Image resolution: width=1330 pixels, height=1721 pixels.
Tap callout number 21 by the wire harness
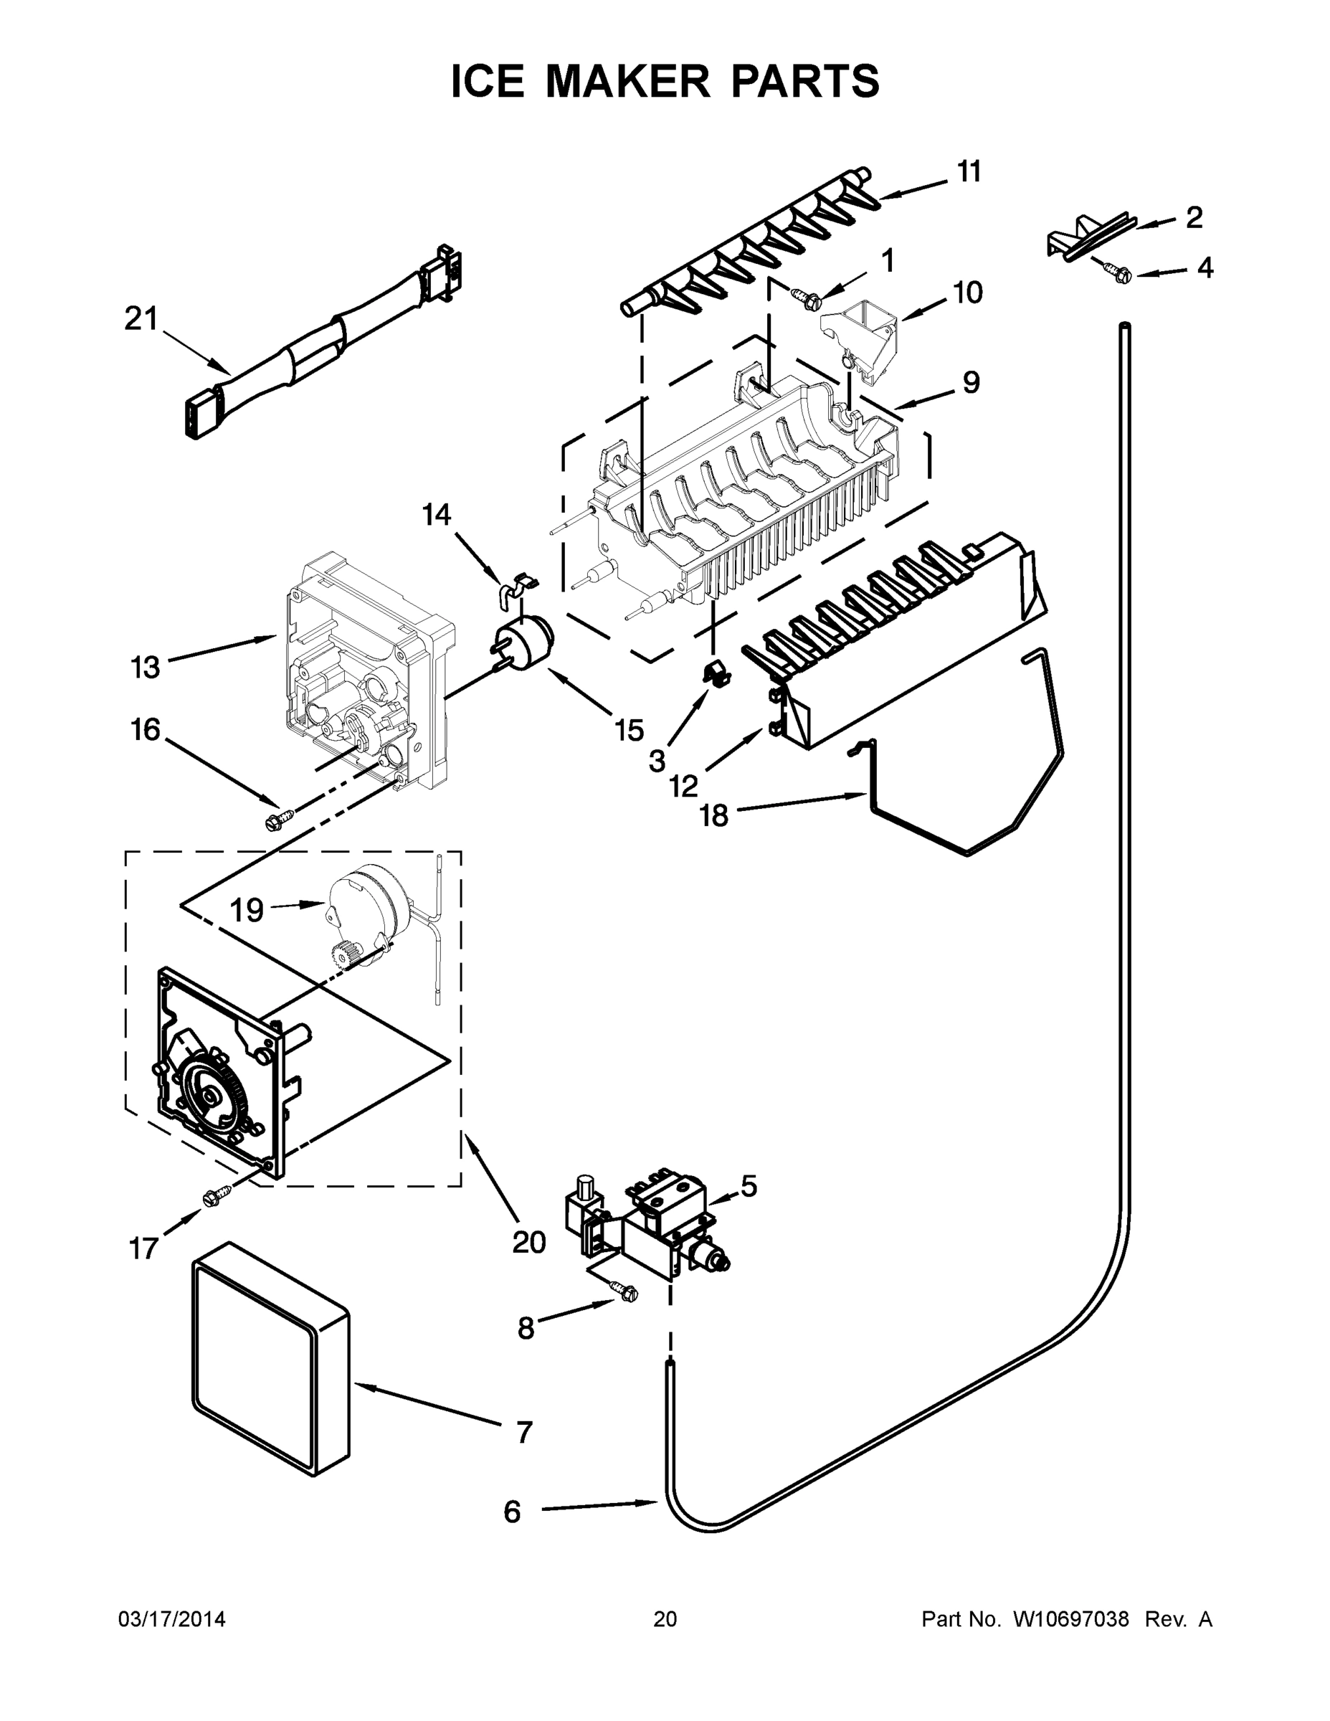[141, 319]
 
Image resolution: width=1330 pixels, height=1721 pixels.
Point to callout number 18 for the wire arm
[714, 815]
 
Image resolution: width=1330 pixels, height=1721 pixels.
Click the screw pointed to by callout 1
[807, 298]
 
